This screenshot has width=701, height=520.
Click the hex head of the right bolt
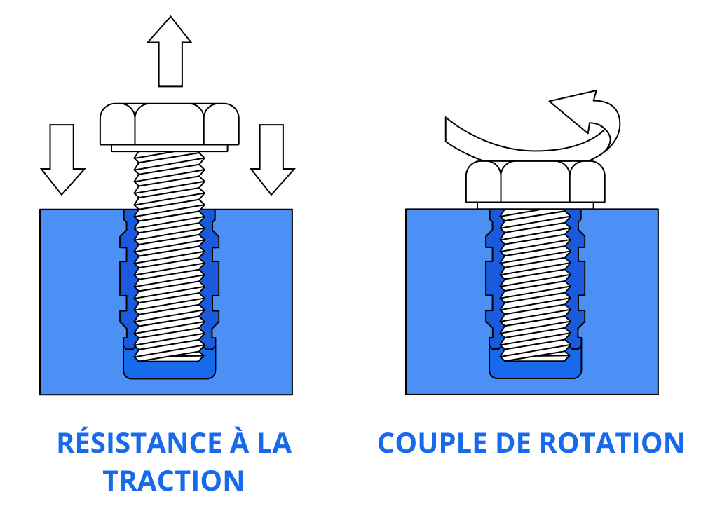coord(536,182)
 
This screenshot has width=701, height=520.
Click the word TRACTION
coord(173,481)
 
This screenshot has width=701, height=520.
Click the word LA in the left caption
coord(274,444)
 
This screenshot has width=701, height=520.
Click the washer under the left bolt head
coord(170,148)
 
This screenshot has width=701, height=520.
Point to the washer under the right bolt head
coord(536,205)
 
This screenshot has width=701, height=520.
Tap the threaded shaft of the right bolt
coord(536,280)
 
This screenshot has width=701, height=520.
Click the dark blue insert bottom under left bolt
coord(170,371)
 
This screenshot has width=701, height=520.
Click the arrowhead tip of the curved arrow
coord(551,104)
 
